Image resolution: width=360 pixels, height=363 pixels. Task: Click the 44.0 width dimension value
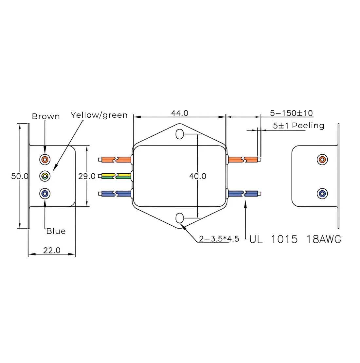180,113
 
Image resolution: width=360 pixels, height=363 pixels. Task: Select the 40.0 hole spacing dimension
198,176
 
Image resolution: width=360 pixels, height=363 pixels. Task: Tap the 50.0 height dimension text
20,176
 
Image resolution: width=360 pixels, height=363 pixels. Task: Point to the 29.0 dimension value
87,176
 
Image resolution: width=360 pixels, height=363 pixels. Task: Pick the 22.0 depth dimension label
52,250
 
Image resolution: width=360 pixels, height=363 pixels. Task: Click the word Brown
46,116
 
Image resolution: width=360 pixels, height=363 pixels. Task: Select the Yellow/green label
99,115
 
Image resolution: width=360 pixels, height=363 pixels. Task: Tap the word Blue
56,231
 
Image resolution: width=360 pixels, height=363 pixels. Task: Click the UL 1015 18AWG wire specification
295,239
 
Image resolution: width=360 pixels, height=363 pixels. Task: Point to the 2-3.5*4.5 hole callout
219,239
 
